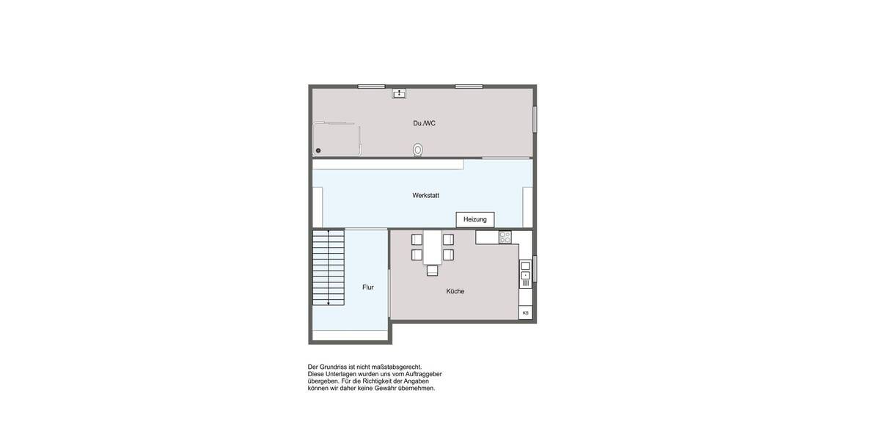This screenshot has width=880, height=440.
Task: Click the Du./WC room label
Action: [x=424, y=123]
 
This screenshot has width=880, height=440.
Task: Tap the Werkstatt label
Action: [x=425, y=196]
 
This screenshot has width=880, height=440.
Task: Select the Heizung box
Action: [x=475, y=219]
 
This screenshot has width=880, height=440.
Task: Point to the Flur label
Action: [x=368, y=287]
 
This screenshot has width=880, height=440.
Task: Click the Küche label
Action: [x=455, y=292]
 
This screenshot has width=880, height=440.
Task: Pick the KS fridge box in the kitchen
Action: [x=525, y=312]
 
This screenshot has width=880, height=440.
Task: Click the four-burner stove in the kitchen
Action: [x=505, y=238]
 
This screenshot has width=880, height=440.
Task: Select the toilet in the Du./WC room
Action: [x=418, y=150]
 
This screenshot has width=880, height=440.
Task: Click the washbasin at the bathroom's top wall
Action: [x=400, y=93]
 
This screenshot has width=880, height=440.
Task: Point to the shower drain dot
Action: [x=318, y=150]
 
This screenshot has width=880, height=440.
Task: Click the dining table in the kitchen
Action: [x=433, y=247]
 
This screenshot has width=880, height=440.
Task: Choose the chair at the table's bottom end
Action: [x=433, y=271]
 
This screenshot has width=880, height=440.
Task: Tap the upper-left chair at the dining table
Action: [x=417, y=239]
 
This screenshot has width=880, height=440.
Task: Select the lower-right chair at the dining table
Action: [x=448, y=255]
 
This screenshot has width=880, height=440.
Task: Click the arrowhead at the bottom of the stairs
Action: [x=329, y=302]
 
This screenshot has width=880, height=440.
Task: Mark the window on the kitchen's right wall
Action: [x=535, y=268]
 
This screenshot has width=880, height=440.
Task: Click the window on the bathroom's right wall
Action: [x=535, y=119]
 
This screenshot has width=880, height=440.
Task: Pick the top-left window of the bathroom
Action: [x=371, y=87]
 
